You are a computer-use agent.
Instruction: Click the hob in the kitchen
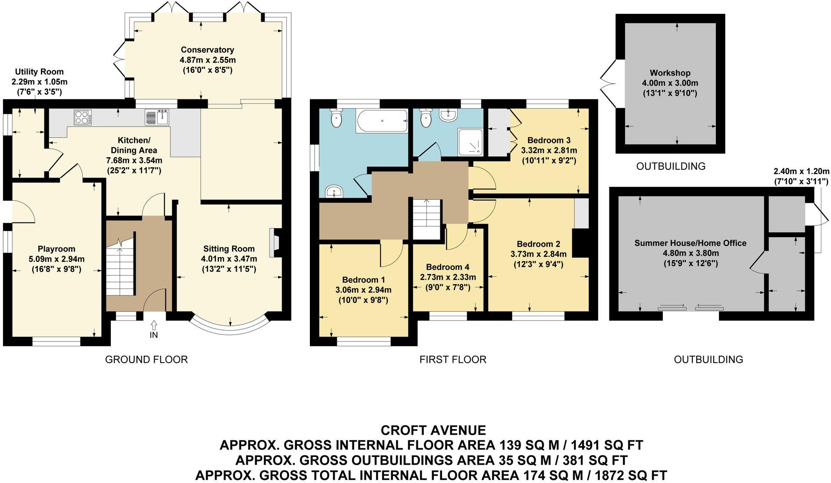click(x=83, y=118)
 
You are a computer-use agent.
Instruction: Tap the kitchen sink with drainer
click(x=157, y=117)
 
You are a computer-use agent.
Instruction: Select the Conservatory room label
click(x=207, y=50)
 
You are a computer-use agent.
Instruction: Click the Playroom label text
click(x=57, y=249)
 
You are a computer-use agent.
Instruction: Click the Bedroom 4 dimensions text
click(x=448, y=277)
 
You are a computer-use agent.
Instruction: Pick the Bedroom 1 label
click(x=363, y=280)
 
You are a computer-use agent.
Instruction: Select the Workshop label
click(x=670, y=73)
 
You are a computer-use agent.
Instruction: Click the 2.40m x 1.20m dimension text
click(x=801, y=171)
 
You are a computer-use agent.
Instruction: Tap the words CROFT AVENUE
click(x=433, y=430)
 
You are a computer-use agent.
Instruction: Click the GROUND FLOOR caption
click(x=146, y=360)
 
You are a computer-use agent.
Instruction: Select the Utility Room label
click(x=39, y=72)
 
